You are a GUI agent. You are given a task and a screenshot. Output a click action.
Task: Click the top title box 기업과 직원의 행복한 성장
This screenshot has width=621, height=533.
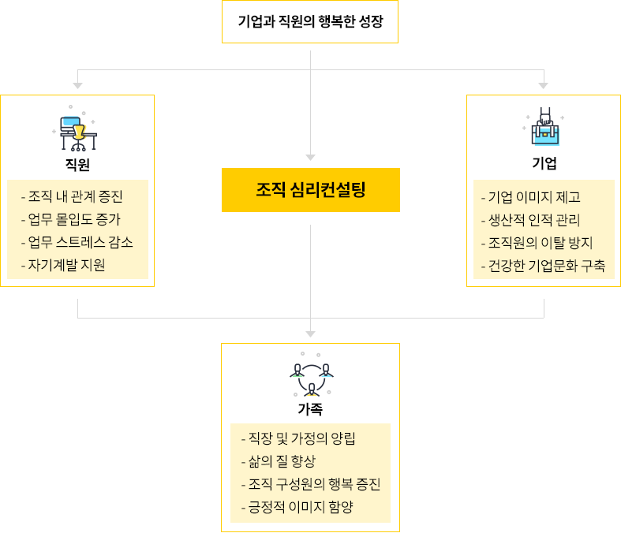coord(310,21)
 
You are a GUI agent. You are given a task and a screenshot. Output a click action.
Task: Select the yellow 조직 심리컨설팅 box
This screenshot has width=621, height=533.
coord(310,190)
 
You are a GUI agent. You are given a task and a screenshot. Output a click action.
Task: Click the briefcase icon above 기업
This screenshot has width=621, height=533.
coord(544,129)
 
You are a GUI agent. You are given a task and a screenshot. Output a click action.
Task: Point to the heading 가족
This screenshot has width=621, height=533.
coord(310,409)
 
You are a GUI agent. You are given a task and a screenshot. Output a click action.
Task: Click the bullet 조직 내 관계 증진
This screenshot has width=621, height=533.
coord(72,196)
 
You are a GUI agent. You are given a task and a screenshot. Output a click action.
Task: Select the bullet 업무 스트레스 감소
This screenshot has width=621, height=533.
coord(77,242)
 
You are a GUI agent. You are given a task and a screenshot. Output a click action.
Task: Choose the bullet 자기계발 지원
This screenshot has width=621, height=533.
coord(62,265)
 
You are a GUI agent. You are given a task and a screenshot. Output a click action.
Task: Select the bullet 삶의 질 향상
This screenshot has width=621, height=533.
coord(278,461)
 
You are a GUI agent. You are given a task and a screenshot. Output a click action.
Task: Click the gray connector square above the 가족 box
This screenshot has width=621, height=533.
coord(310,334)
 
